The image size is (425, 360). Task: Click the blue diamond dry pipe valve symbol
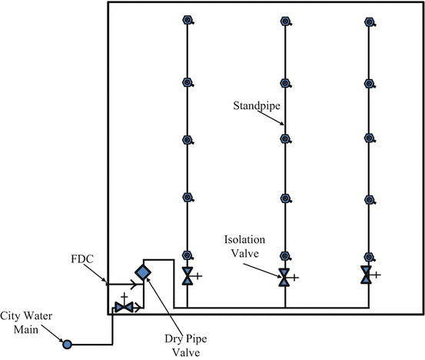[x=143, y=272]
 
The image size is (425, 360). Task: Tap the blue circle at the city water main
[x=67, y=343]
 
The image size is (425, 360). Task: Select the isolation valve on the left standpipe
[x=188, y=276]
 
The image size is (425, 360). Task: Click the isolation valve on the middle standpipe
[x=284, y=278]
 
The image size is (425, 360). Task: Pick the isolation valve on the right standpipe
[x=367, y=275]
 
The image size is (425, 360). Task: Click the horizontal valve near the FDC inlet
[x=124, y=307]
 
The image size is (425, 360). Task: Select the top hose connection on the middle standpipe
[x=285, y=22]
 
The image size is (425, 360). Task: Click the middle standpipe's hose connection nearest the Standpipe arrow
[x=285, y=140]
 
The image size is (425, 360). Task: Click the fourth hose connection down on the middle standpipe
[x=285, y=198]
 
